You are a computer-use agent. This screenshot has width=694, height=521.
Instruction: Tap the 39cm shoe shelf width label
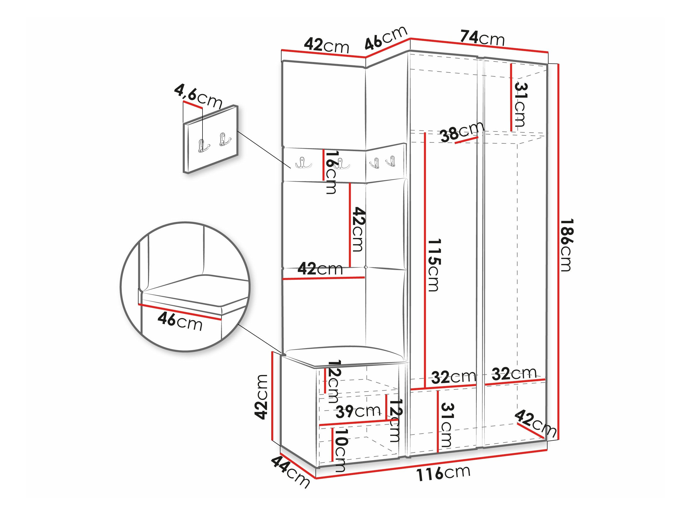(x=358, y=411)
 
